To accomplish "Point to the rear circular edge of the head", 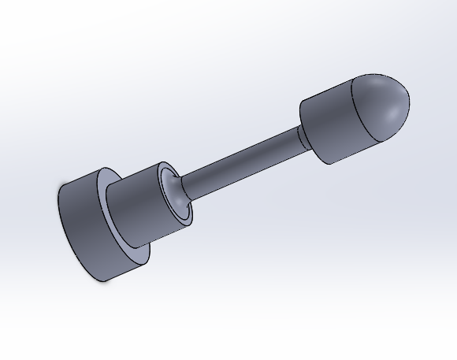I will [x=303, y=126].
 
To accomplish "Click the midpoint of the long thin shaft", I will [x=240, y=161].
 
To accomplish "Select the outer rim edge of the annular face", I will [x=150, y=254].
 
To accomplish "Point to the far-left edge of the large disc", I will [x=59, y=201].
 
